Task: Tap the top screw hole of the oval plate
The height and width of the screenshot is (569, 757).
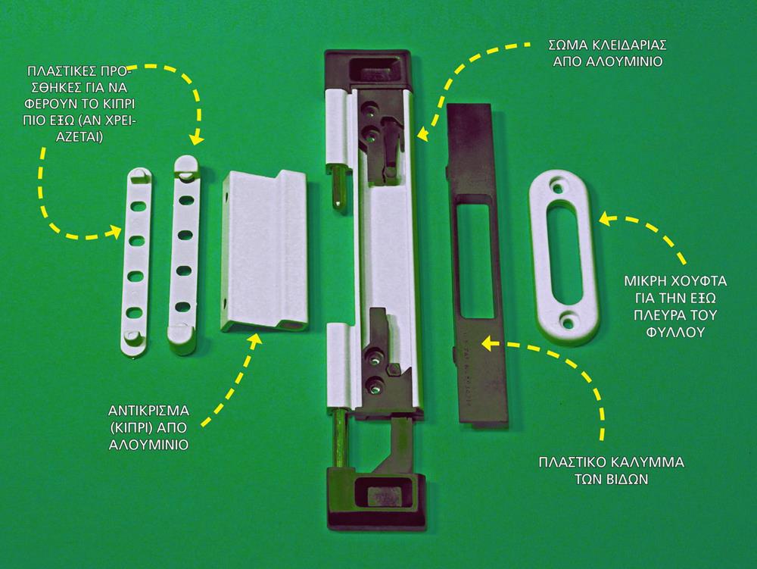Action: [559, 186]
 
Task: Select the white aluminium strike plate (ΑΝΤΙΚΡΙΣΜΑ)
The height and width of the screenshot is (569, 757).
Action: [264, 252]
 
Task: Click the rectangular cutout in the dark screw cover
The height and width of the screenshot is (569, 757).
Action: [475, 260]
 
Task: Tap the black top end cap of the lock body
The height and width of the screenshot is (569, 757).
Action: [369, 69]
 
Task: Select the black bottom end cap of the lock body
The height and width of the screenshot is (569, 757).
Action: [376, 498]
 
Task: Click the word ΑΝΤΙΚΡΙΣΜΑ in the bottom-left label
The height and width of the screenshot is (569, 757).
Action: [148, 411]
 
